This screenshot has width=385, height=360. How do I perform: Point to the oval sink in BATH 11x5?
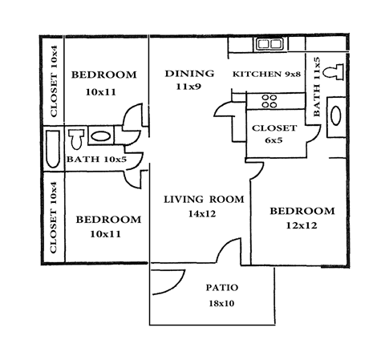click(335, 113)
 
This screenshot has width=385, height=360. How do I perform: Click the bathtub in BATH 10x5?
click(52, 147)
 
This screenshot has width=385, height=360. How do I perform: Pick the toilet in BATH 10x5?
click(76, 140)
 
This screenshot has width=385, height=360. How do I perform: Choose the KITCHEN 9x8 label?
click(265, 75)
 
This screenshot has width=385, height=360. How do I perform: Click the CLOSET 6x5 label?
click(274, 134)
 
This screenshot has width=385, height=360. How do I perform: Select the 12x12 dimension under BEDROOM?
click(301, 226)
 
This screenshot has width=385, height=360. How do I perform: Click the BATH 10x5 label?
click(94, 159)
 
